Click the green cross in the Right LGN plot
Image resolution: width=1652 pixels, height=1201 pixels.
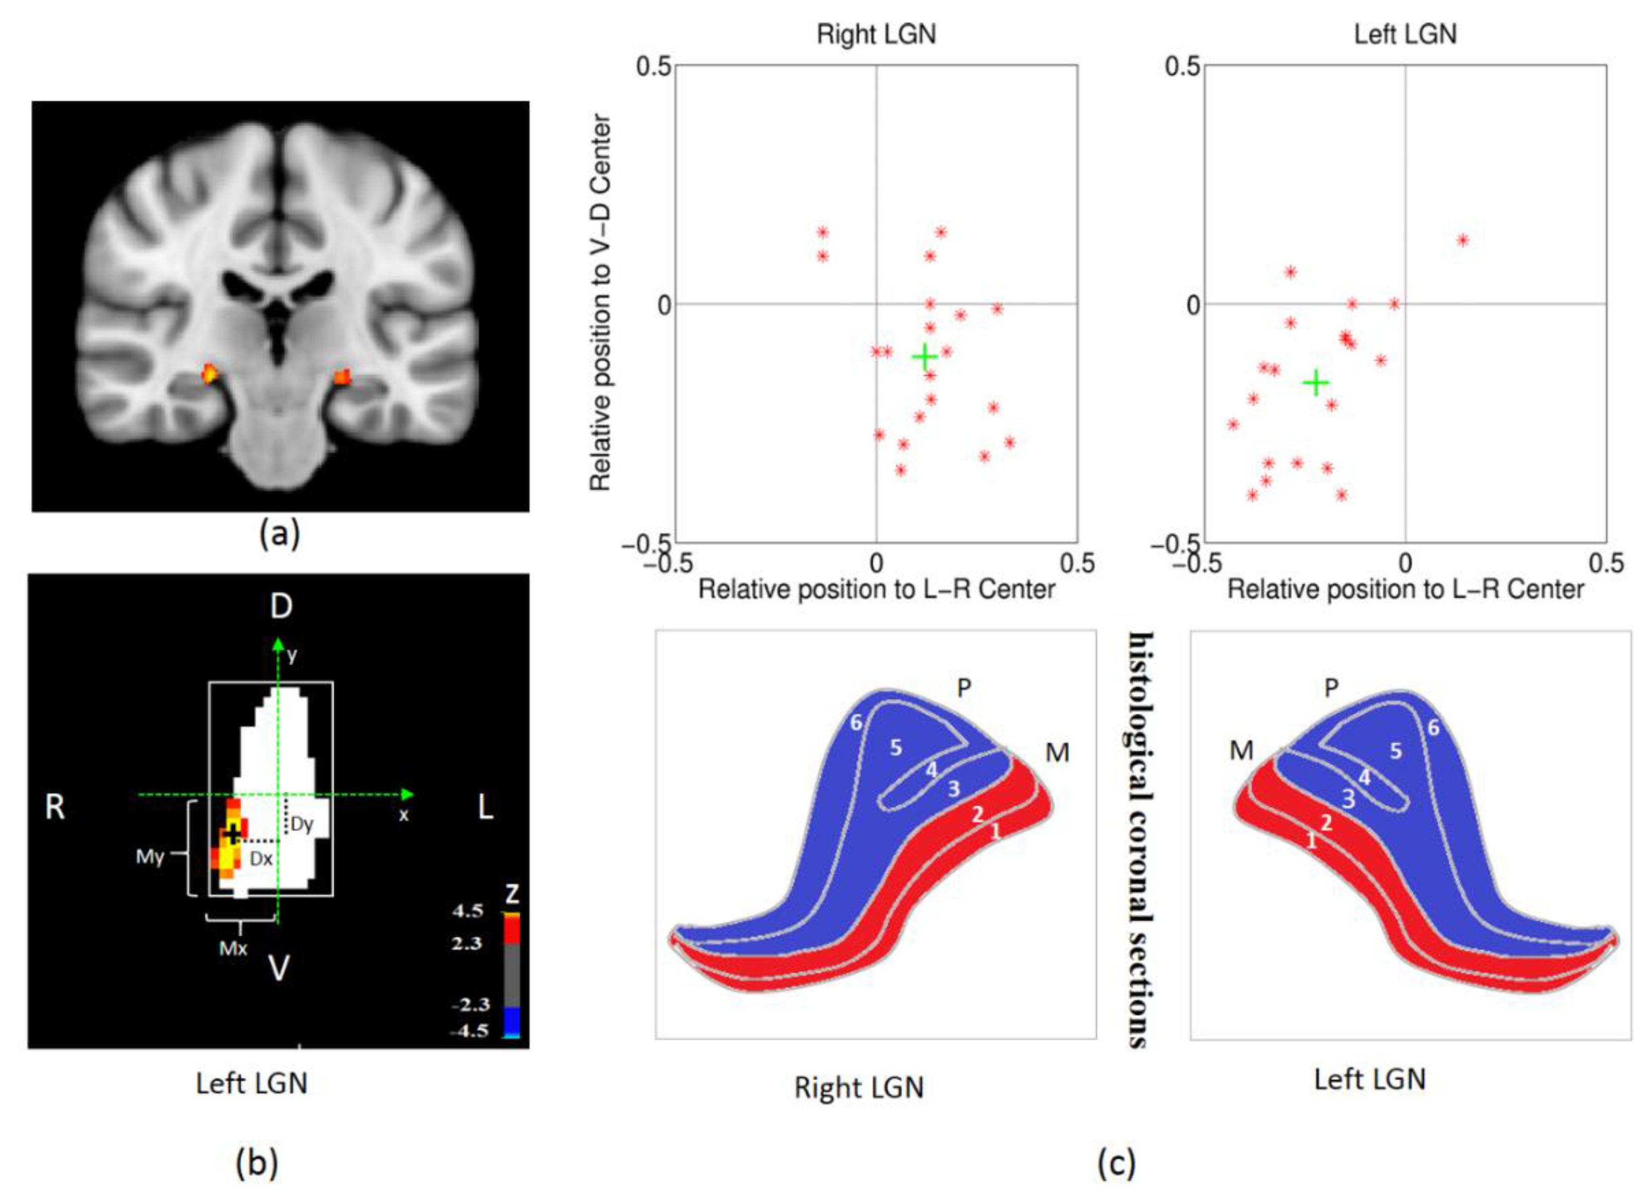pos(924,356)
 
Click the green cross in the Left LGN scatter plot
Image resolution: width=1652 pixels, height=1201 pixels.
pos(1316,382)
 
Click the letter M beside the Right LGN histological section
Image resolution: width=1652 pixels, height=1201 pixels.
pos(1057,752)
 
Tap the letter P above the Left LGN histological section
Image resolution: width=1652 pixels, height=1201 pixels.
pos(1331,687)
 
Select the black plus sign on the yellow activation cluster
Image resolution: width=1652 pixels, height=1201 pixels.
pos(231,833)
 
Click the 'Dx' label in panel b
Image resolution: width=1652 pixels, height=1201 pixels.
pos(261,859)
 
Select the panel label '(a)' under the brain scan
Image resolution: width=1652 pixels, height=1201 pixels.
pos(280,535)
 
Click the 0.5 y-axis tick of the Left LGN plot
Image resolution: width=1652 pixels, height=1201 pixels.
pos(1182,66)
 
